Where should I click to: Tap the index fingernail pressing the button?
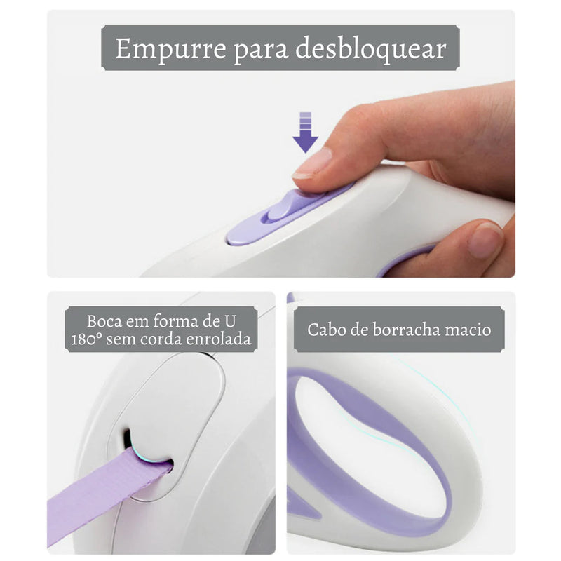(313, 163)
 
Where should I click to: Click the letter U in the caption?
(229, 322)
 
